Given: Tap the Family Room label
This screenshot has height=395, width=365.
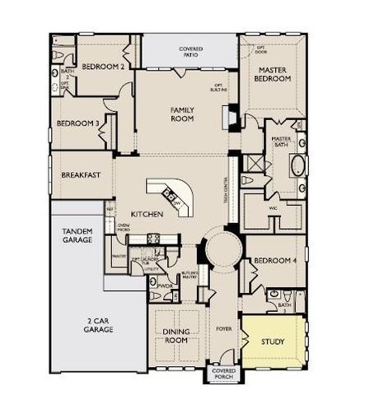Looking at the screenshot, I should (x=182, y=114).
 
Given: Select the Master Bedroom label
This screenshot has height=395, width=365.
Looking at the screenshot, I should (x=272, y=75).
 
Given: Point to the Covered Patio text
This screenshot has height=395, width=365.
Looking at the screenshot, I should (x=191, y=53).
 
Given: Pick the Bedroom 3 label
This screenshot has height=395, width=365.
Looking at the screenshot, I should (x=78, y=123).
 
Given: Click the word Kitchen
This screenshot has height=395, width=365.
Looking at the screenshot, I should (x=146, y=215).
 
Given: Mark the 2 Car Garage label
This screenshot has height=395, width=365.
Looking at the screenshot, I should (x=97, y=324).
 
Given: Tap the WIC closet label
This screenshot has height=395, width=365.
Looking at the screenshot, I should (x=273, y=208).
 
